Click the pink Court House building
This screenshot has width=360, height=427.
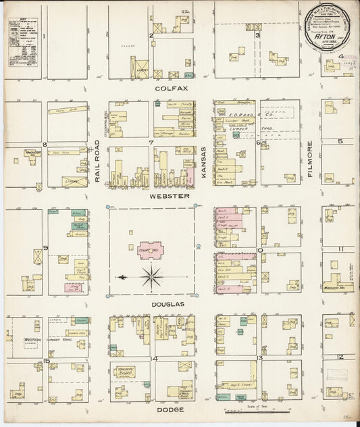click(152, 250)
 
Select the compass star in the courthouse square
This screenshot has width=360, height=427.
click(152, 276)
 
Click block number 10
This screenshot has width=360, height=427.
click(259, 251)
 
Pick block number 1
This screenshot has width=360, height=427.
click(45, 35)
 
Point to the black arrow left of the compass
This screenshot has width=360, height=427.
click(122, 276)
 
